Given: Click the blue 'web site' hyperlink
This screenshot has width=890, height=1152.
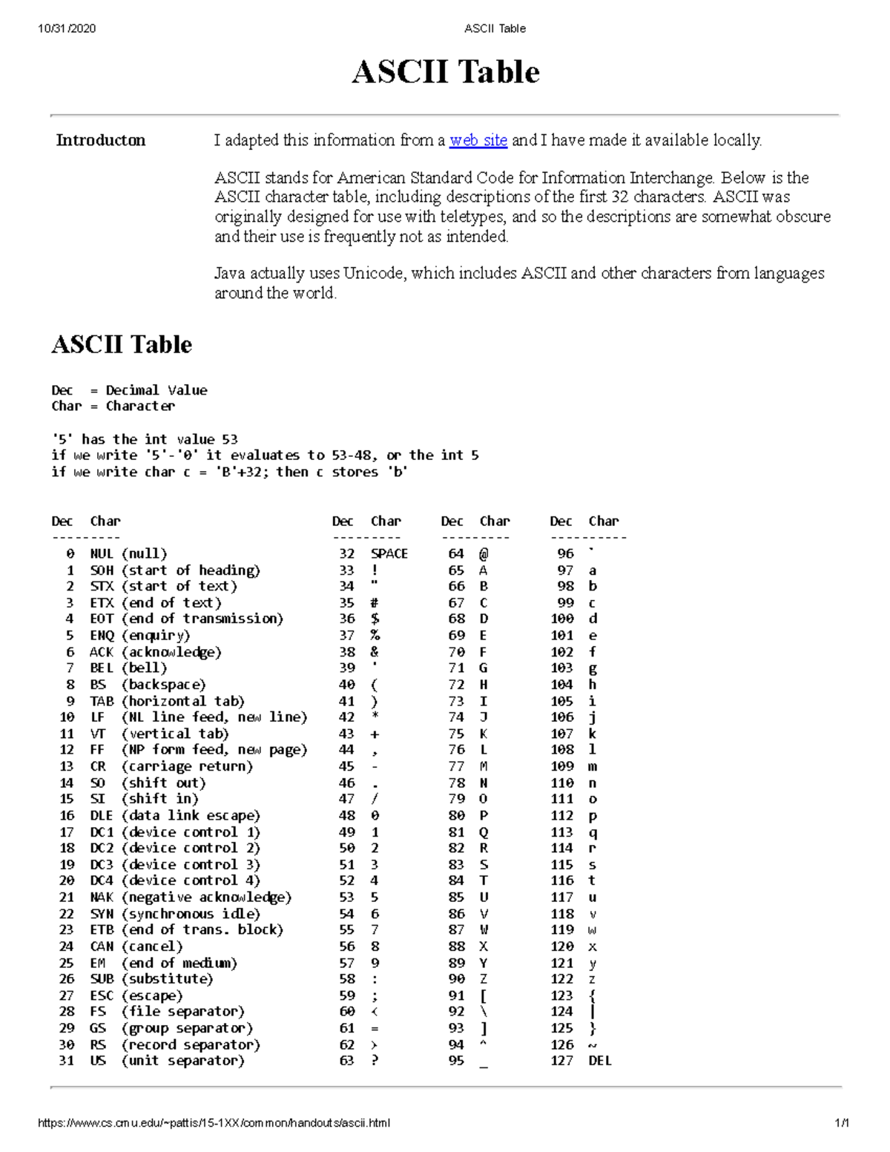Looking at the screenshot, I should tap(478, 140).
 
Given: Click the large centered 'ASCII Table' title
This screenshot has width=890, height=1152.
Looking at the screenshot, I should tap(445, 72).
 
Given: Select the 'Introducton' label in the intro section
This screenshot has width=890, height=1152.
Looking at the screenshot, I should tap(101, 140).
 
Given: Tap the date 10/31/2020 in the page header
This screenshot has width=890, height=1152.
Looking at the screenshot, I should tap(67, 28).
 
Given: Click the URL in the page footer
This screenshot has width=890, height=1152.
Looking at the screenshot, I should tap(214, 1122).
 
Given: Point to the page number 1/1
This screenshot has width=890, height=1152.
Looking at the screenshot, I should tap(841, 1122).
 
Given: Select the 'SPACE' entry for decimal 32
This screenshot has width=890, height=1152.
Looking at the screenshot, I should tap(389, 553).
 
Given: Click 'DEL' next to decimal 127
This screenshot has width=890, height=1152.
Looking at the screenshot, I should tap(600, 1061).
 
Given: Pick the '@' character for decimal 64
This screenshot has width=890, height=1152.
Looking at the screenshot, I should tap(484, 553).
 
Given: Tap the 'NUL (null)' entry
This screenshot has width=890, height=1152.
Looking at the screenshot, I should tap(129, 553).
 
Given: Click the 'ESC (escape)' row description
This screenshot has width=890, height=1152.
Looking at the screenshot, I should tap(136, 995).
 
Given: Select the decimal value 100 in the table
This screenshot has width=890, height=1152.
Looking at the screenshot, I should tap(562, 619).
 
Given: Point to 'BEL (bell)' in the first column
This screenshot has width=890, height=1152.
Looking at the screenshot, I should tap(129, 668).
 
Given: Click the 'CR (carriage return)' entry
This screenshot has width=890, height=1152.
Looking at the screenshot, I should tap(171, 766).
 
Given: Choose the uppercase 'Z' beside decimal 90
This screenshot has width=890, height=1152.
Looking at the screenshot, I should tap(484, 979).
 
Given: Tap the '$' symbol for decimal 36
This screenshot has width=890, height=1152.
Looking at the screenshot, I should tap(375, 619).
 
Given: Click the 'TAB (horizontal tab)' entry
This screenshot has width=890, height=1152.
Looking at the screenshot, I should tap(168, 701).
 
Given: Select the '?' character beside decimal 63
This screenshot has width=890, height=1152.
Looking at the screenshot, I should tap(375, 1061).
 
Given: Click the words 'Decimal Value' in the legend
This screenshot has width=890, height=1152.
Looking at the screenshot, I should tap(156, 390).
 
